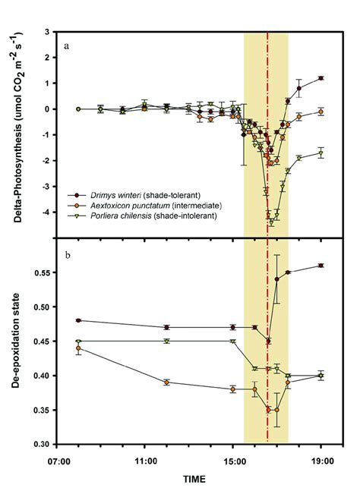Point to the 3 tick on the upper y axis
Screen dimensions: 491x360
tap(49, 32)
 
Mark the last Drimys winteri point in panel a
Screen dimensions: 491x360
tap(321, 78)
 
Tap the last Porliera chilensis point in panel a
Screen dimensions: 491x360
tap(321, 153)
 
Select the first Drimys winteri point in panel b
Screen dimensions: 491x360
tap(78, 320)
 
